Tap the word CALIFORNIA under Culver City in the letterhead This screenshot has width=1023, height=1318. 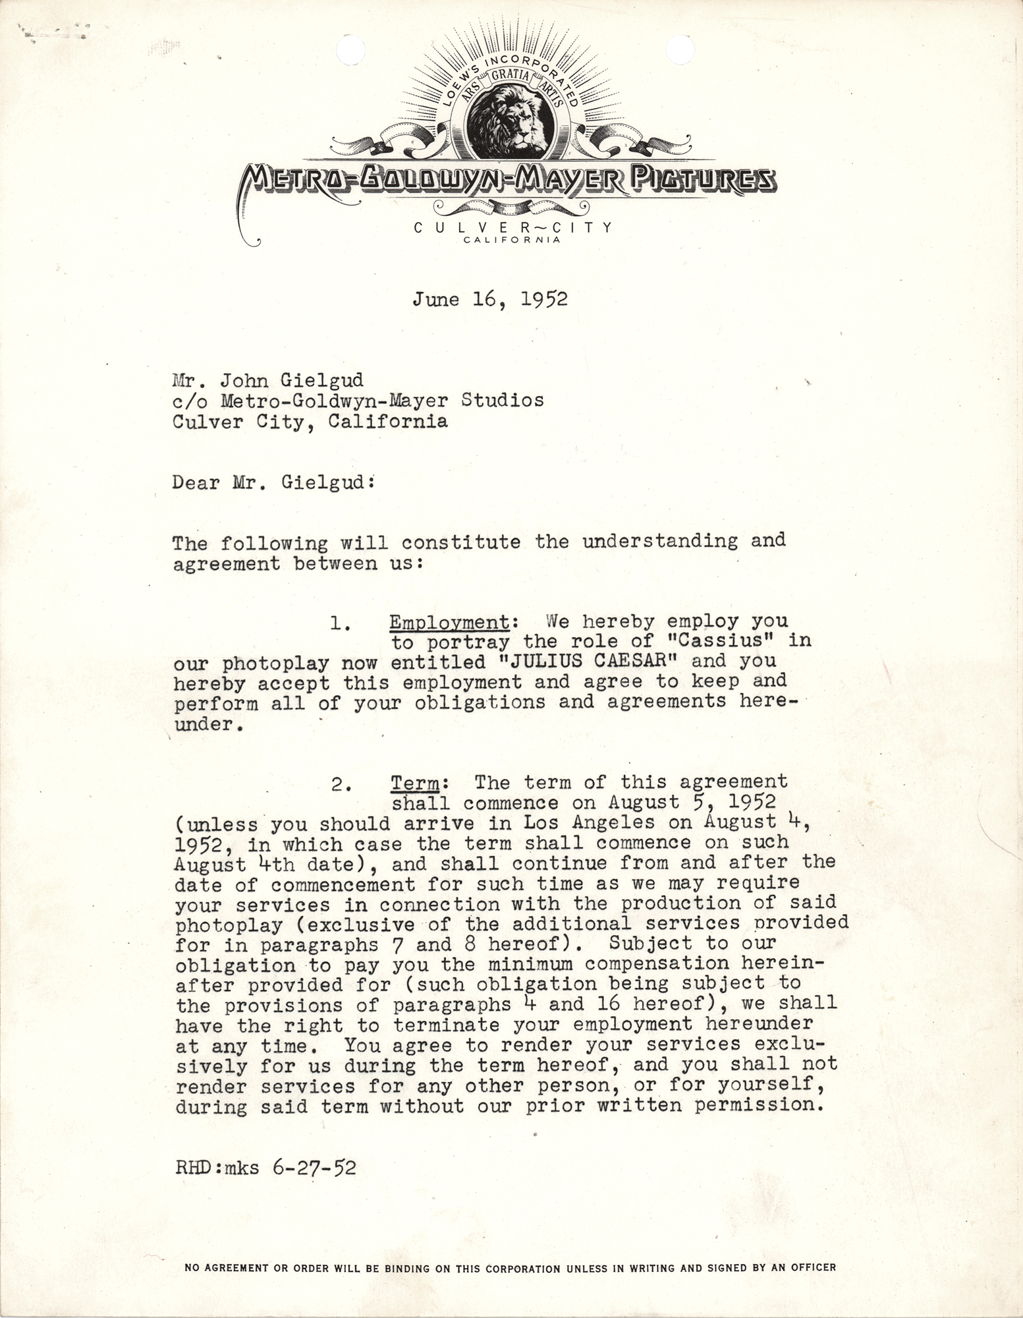pyautogui.click(x=512, y=241)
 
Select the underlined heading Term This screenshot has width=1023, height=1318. pyautogui.click(x=415, y=782)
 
